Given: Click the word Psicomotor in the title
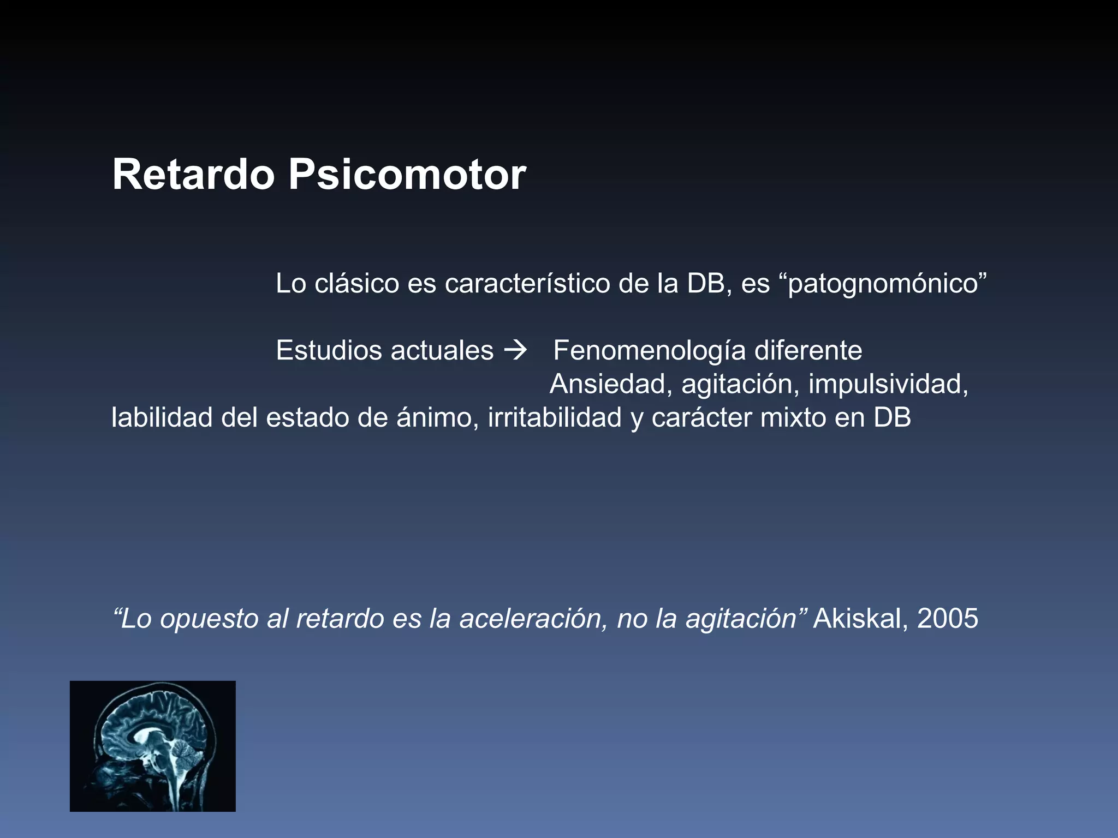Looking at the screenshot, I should (x=407, y=176).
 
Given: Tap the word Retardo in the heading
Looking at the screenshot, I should (x=193, y=175).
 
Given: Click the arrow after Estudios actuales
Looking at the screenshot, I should (x=515, y=350).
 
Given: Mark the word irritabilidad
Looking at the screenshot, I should (x=555, y=418).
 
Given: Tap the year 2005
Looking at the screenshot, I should (x=948, y=619).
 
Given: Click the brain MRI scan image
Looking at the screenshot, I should (x=153, y=746).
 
